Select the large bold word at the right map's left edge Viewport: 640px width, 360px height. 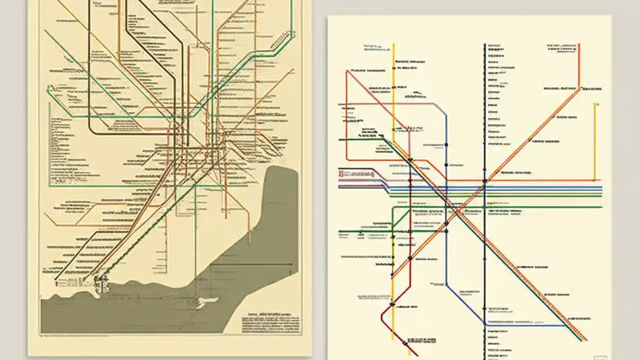[356, 174]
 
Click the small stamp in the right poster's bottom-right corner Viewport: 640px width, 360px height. [599, 358]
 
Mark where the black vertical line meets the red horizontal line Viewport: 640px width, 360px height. [484, 180]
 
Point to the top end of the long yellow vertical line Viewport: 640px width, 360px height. [393, 45]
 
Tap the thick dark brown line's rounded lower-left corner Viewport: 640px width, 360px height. [92, 131]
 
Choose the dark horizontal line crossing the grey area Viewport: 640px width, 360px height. [250, 264]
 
